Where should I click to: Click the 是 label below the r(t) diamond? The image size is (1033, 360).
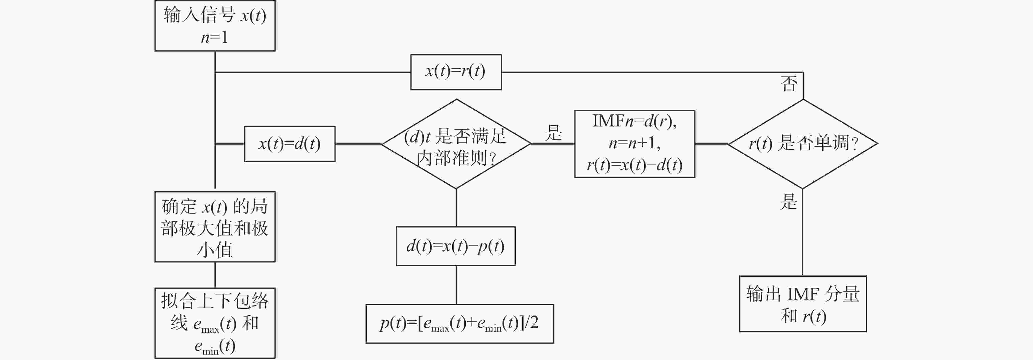pyautogui.click(x=789, y=201)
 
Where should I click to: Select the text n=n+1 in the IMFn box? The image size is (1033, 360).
pyautogui.click(x=634, y=143)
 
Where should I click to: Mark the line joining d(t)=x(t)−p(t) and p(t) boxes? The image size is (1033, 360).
pyautogui.click(x=456, y=285)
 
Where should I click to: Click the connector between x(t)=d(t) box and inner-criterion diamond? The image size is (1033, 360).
pyautogui.click(x=358, y=144)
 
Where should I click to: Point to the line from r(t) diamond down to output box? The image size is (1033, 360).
pyautogui.click(x=803, y=232)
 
